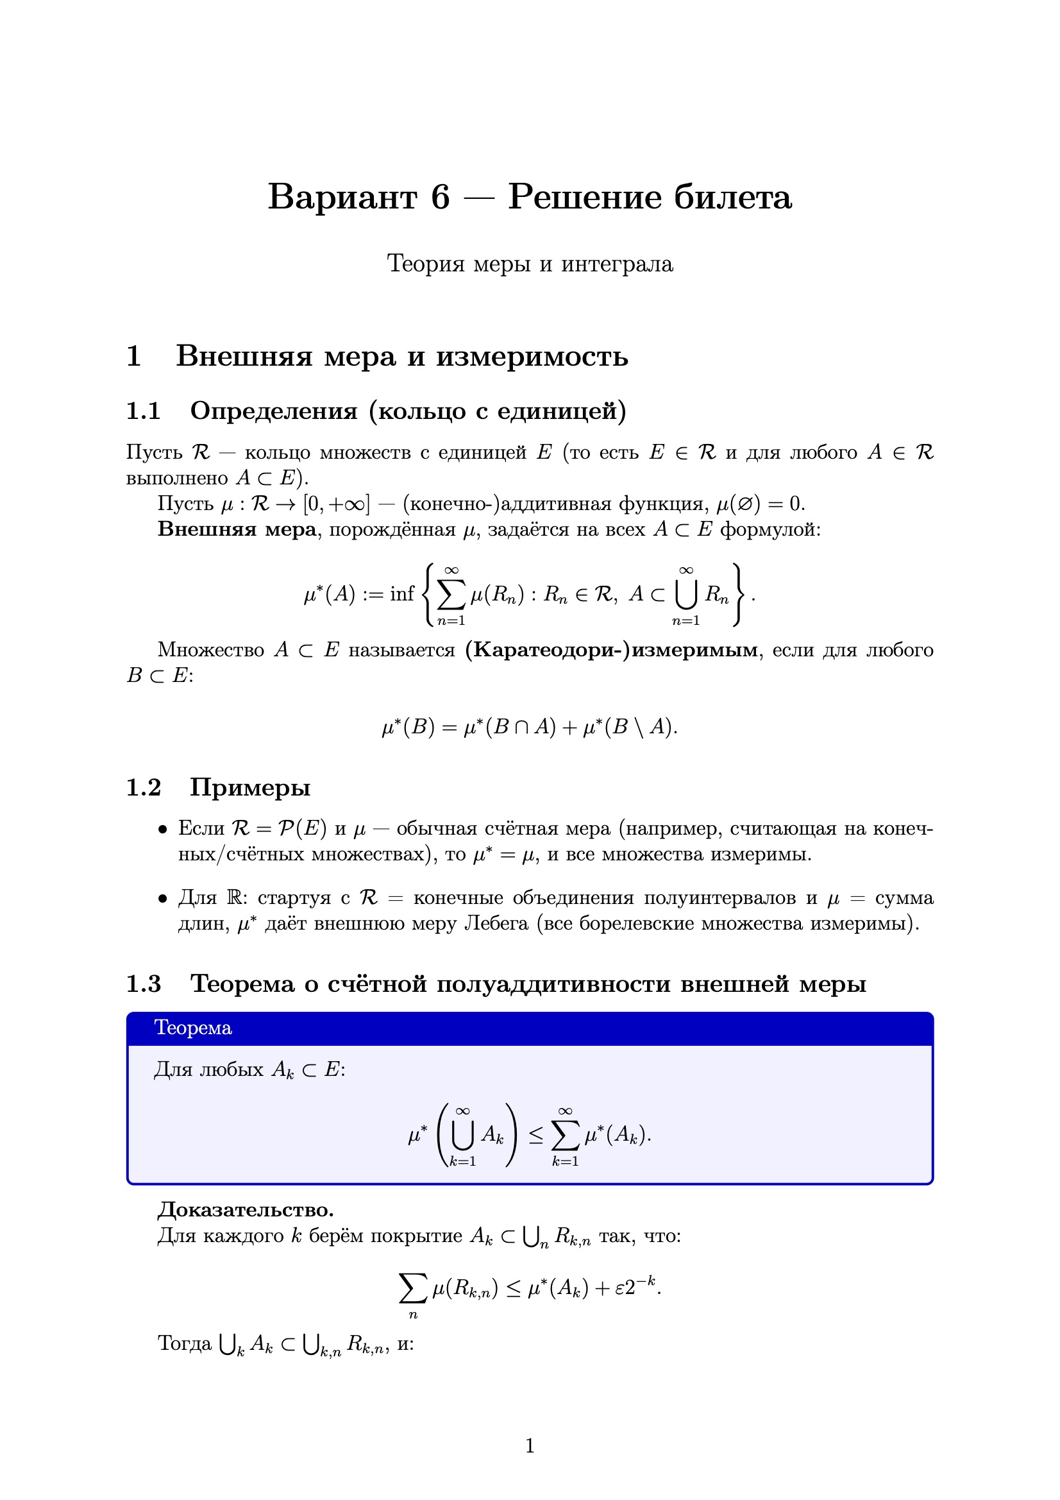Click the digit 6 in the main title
[x=439, y=197]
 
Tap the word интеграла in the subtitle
[x=616, y=264]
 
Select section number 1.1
[x=143, y=411]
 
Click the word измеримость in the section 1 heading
[x=532, y=357]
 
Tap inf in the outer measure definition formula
[x=401, y=594]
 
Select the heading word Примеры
[x=250, y=788]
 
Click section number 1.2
[x=143, y=788]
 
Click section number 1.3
[x=143, y=984]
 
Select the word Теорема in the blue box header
[x=192, y=1028]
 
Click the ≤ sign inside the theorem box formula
[x=535, y=1136]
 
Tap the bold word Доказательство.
[x=246, y=1210]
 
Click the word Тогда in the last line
[x=185, y=1343]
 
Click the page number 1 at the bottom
[x=530, y=1445]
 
